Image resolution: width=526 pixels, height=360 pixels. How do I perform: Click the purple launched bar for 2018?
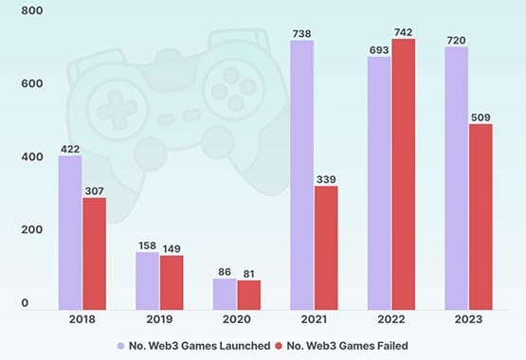69,232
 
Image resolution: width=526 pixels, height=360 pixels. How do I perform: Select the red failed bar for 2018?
94,253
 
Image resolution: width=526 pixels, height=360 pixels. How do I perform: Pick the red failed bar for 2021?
326,247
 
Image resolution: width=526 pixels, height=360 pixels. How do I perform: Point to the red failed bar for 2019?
172,281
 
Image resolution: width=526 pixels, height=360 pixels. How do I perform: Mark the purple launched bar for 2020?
225,293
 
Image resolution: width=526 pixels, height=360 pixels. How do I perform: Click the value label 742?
404,31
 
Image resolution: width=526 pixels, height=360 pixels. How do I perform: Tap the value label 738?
301,33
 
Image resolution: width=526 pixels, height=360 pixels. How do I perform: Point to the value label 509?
481,117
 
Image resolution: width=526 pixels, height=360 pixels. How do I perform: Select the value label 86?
225,271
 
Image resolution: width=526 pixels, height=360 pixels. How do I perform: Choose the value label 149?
172,248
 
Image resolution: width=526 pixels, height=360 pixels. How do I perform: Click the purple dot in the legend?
120,345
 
